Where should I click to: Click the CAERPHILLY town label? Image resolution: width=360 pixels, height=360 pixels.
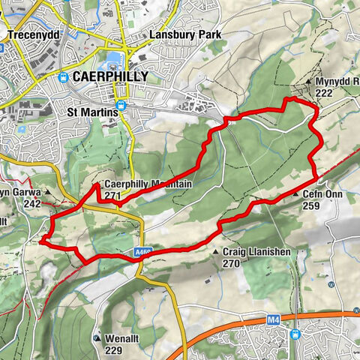tap(104, 76)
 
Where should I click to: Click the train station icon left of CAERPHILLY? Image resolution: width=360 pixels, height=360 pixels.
tap(63, 76)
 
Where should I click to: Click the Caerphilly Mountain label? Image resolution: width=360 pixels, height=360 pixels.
tap(148, 184)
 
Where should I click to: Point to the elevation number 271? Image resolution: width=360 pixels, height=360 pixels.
tap(112, 196)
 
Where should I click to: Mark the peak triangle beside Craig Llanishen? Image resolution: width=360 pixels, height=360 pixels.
tap(216, 253)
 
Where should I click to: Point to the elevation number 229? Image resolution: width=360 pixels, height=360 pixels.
tap(112, 349)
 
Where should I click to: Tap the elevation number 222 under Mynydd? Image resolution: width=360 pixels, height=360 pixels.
tap(324, 92)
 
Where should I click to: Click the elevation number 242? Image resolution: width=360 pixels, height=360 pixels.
tap(31, 203)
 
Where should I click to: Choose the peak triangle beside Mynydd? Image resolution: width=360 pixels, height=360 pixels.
tap(308, 82)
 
